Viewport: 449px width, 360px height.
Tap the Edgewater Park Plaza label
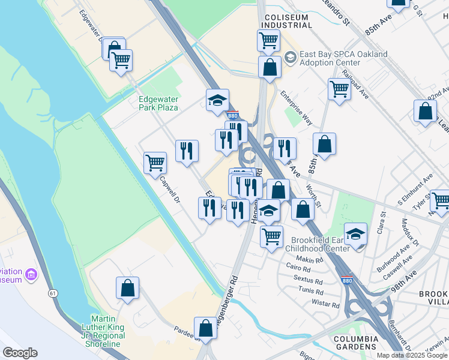click(158, 103)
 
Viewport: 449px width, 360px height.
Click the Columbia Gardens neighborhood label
click(356, 343)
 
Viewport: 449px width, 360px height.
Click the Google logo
click(20, 353)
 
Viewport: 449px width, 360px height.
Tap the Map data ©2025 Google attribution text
click(412, 355)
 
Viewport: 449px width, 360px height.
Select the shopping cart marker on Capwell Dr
click(155, 163)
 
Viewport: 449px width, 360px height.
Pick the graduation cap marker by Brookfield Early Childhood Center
click(355, 234)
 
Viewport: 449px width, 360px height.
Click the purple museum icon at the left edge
click(31, 275)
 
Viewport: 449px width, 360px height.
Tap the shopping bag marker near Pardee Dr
click(205, 328)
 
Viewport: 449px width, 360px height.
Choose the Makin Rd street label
click(310, 260)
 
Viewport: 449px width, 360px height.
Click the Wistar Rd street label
click(326, 304)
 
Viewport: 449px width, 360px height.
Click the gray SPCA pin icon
click(291, 58)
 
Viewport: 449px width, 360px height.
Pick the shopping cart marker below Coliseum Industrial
click(268, 41)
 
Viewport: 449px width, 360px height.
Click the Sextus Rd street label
click(309, 279)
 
